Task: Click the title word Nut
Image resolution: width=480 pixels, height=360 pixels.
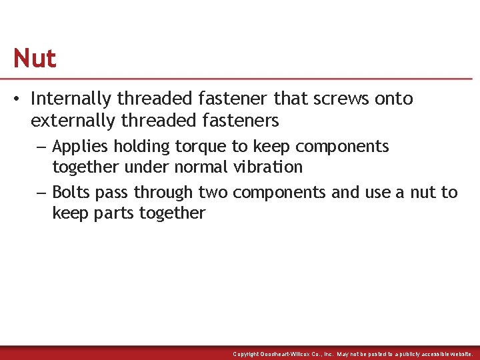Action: (35, 59)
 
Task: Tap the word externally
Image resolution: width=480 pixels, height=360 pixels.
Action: (71, 121)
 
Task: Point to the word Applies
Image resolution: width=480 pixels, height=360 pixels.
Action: (79, 147)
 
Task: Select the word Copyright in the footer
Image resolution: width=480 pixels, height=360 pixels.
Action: (246, 354)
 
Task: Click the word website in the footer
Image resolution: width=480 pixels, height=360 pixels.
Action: (459, 354)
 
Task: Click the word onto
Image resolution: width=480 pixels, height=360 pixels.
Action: (393, 99)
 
